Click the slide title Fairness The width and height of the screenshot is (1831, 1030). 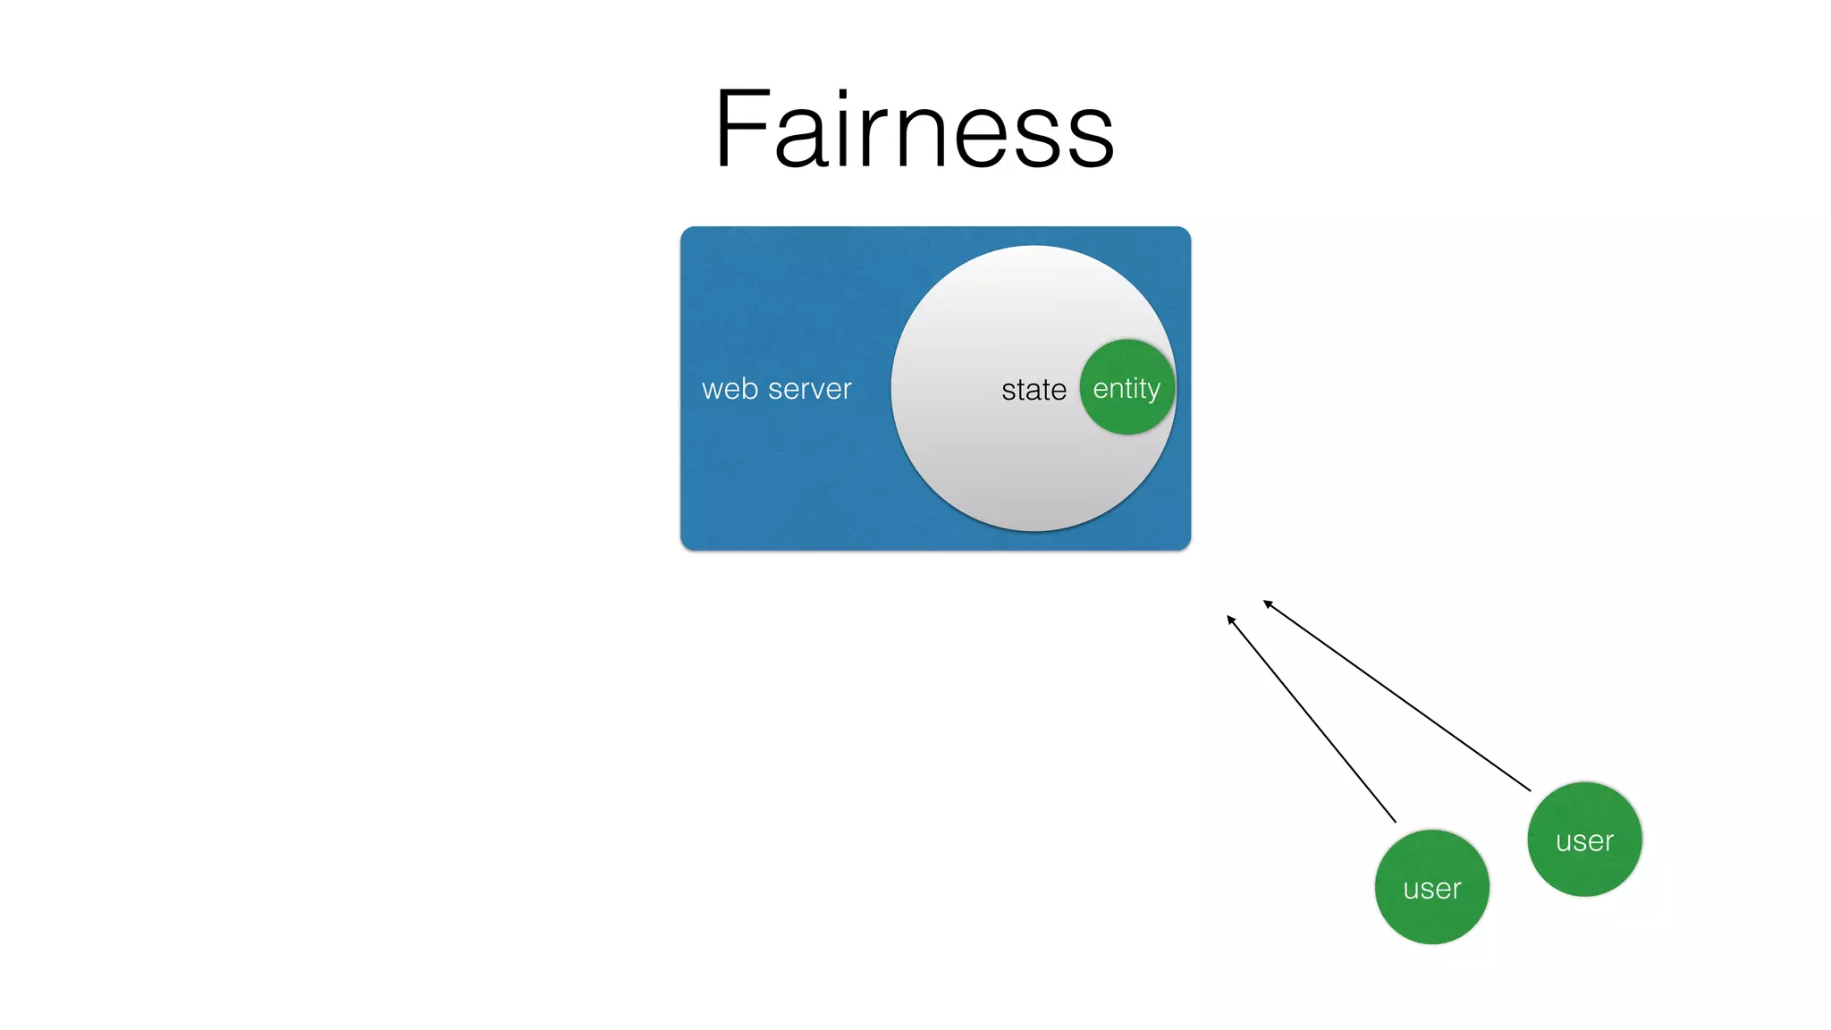point(914,130)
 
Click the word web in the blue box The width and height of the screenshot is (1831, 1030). point(730,389)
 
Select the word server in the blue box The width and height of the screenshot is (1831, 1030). point(809,390)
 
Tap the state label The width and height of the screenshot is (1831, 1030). point(1034,390)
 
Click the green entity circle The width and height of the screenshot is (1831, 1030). point(1126,387)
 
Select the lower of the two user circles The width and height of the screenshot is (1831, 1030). point(1431,887)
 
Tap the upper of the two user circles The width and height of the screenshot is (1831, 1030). point(1584,840)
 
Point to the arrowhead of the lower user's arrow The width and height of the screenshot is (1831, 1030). point(1229,618)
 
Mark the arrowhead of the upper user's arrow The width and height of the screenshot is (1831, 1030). point(1266,603)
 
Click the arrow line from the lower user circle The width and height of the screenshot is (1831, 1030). point(1312,719)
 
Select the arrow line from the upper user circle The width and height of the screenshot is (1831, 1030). point(1397,696)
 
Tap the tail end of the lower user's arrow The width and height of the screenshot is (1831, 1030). point(1394,820)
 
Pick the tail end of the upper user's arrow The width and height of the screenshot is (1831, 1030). point(1529,789)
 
